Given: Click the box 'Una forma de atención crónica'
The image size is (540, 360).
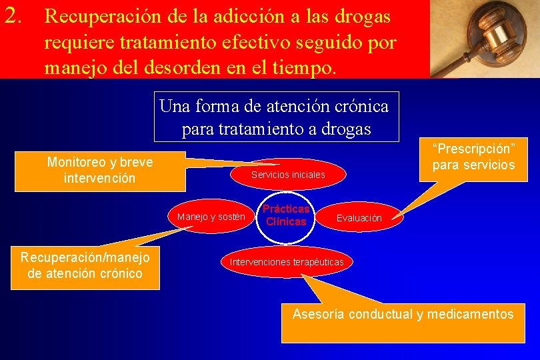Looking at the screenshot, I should [x=276, y=117].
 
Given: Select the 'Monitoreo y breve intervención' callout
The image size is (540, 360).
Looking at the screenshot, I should [x=100, y=170].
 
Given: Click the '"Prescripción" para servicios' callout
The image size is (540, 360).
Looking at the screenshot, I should [x=473, y=157].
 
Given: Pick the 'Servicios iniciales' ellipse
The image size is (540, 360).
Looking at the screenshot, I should [x=288, y=175].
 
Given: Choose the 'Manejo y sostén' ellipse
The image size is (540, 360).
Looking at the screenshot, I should [x=211, y=217].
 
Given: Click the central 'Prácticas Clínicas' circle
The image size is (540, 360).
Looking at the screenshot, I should [x=286, y=215].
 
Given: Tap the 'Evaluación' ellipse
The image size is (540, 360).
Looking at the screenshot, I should [x=359, y=218].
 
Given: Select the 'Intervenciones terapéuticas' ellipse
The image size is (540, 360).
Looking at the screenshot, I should [x=287, y=262].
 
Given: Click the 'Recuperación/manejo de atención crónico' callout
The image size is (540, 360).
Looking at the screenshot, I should [x=85, y=265].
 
